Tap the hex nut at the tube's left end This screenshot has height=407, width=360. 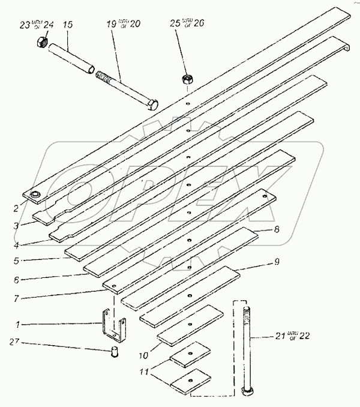click(x=42, y=42)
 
